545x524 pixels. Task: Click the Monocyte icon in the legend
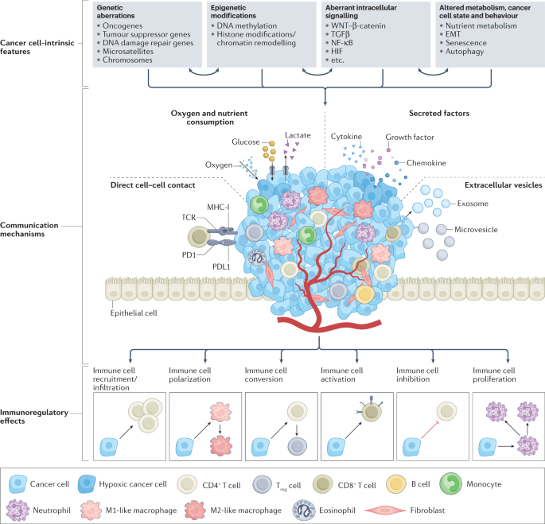(451, 483)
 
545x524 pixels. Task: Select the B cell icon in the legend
(396, 484)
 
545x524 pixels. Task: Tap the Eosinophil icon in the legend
(304, 510)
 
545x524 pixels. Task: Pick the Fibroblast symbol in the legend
(385, 510)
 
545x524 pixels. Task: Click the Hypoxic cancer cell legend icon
(87, 484)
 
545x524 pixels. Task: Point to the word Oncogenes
(123, 25)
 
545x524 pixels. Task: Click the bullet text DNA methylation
(247, 25)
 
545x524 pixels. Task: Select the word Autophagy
(465, 52)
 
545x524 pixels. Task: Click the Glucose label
(246, 142)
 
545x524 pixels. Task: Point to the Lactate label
(298, 135)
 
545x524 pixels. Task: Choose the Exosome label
(473, 204)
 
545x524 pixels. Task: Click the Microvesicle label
(477, 229)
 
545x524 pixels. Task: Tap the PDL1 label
(221, 267)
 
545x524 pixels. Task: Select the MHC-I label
(218, 207)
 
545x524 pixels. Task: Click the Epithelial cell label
(134, 313)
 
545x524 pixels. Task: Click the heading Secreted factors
(439, 113)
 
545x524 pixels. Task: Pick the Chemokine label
(426, 163)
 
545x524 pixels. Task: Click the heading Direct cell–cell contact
(153, 184)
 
